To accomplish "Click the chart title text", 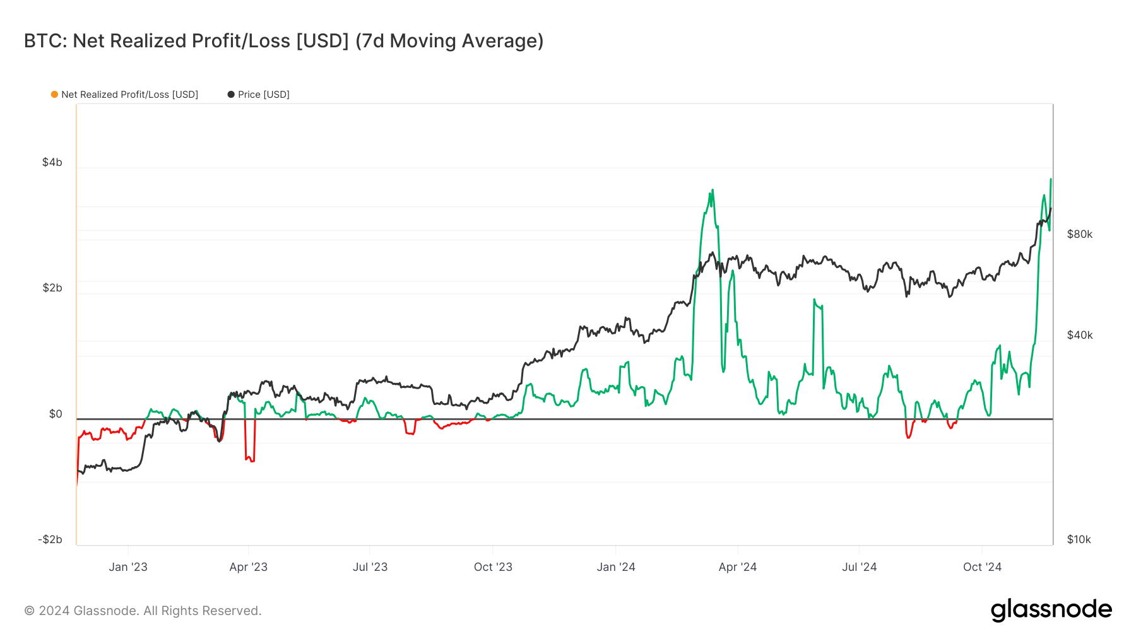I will pyautogui.click(x=283, y=41).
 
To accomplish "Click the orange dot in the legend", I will pyautogui.click(x=55, y=95).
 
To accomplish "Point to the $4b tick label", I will pyautogui.click(x=52, y=162).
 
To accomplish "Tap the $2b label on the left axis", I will pyautogui.click(x=52, y=288).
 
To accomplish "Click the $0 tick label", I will pyautogui.click(x=56, y=414).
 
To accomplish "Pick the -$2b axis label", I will pyautogui.click(x=50, y=539).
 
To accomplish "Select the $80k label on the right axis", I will pyautogui.click(x=1079, y=234).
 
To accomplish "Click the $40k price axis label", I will pyautogui.click(x=1079, y=335).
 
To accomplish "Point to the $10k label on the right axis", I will pyautogui.click(x=1079, y=539).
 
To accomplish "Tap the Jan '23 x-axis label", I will pyautogui.click(x=128, y=567).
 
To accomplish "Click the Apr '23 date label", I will pyautogui.click(x=249, y=567).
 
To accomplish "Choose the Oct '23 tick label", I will pyautogui.click(x=493, y=567).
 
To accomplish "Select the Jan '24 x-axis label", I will pyautogui.click(x=616, y=567).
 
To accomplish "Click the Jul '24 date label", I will pyautogui.click(x=859, y=567).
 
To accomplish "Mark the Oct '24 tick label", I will pyautogui.click(x=982, y=567).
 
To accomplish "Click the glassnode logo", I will pyautogui.click(x=1051, y=610).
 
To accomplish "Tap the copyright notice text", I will pyautogui.click(x=143, y=611).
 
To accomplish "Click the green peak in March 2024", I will pyautogui.click(x=712, y=191).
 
